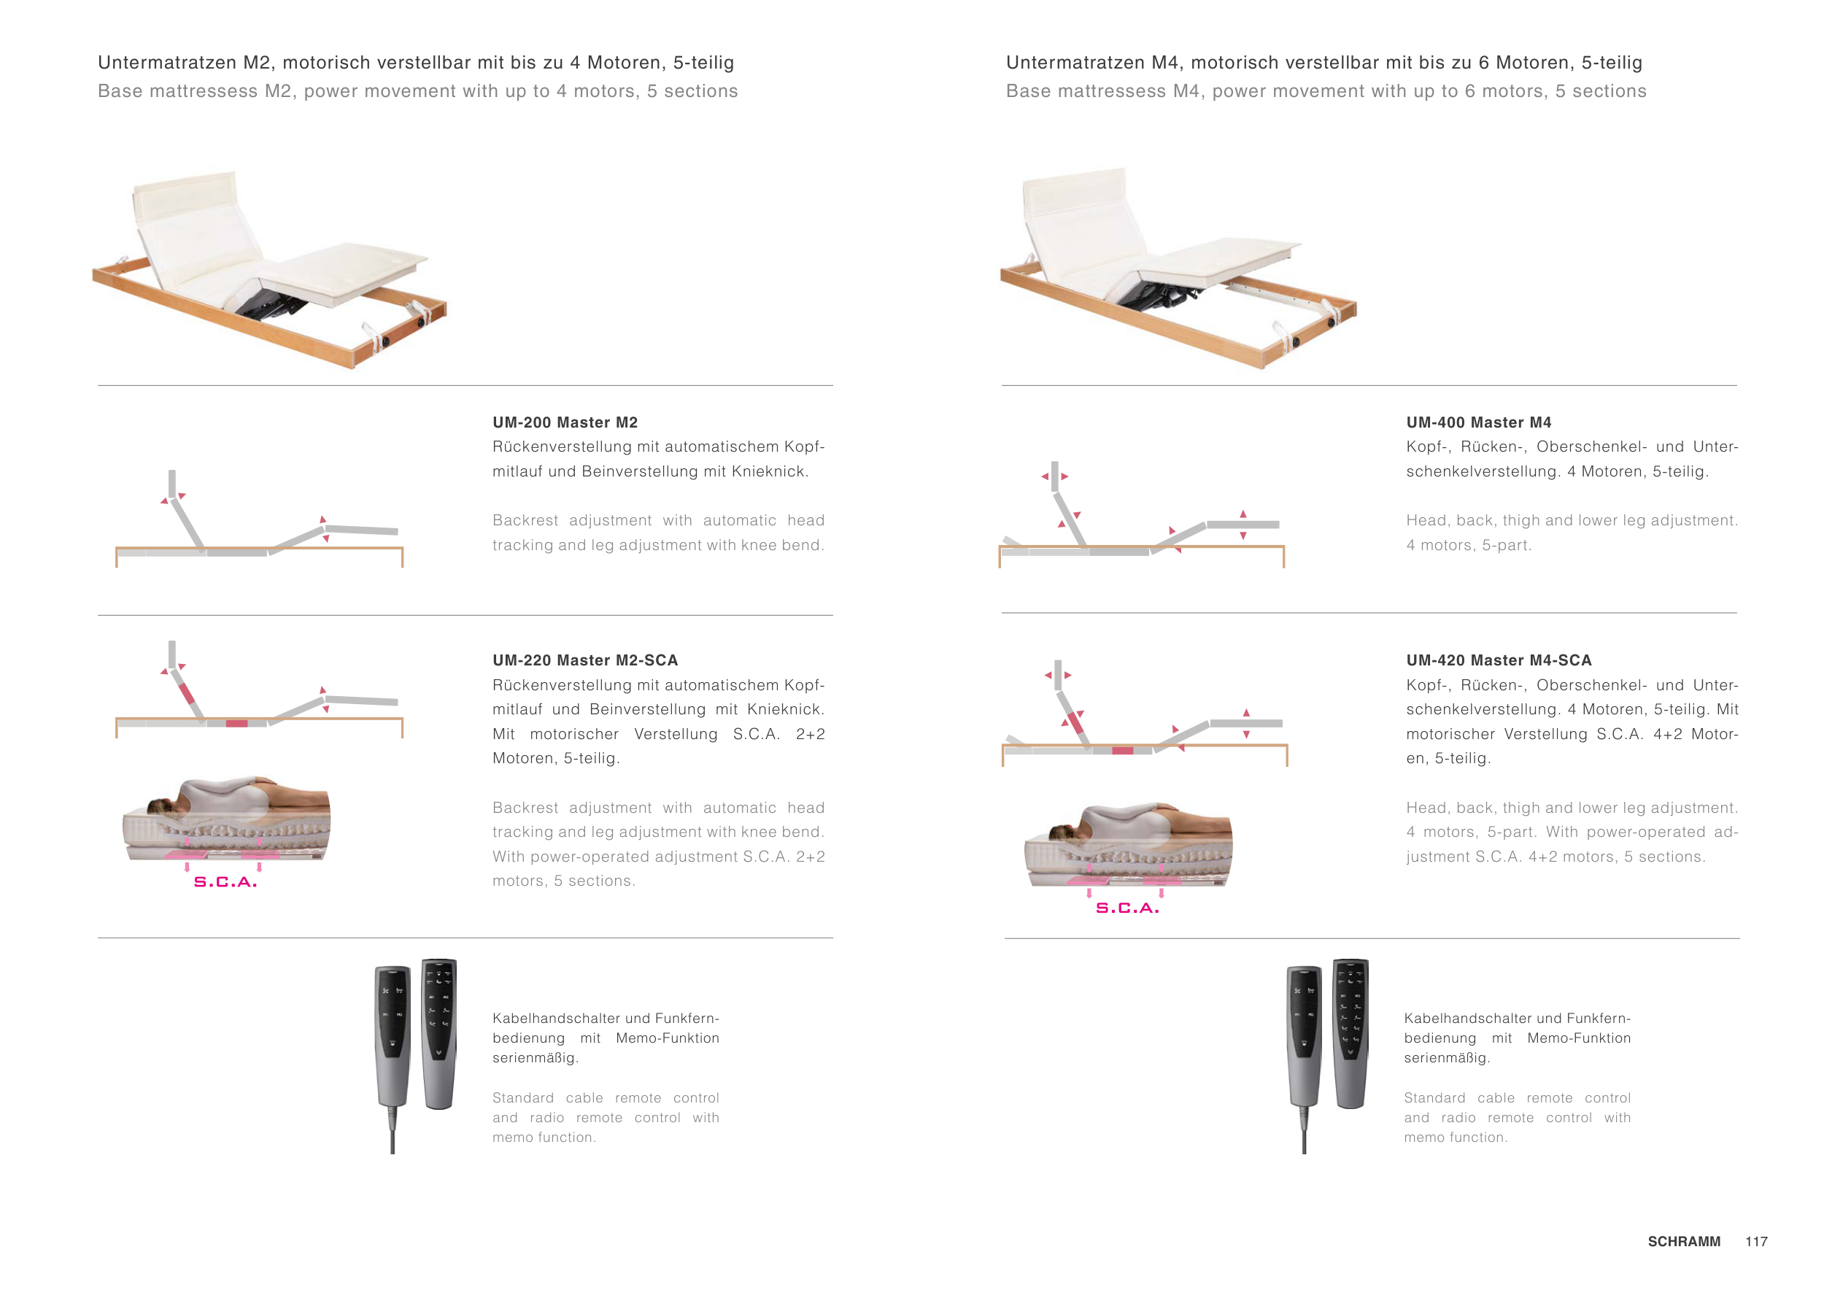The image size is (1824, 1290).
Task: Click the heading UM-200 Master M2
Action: coord(565,422)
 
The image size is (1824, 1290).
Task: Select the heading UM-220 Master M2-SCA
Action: coord(585,660)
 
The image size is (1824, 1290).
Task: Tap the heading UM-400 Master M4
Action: coord(1478,422)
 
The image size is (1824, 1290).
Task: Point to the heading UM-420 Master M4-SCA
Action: coord(1499,660)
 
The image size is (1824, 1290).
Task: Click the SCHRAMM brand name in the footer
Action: coord(1684,1242)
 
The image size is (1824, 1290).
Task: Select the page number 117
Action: coord(1756,1242)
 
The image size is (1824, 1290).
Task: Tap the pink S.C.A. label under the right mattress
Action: coord(1127,908)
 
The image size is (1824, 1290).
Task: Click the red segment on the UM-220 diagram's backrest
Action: coord(188,694)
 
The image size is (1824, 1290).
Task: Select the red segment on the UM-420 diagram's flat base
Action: coord(1123,751)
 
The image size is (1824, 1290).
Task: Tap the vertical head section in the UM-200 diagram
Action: coord(171,484)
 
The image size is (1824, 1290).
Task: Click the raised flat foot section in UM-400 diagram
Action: coord(1243,525)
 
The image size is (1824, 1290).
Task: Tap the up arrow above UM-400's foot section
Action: coord(1243,514)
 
